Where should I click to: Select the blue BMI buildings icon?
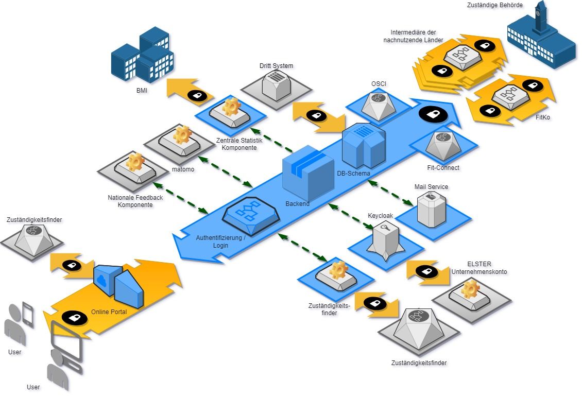[x=143, y=56]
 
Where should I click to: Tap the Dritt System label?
[x=276, y=66]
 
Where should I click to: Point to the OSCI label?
[x=379, y=84]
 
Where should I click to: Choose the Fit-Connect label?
[x=443, y=168]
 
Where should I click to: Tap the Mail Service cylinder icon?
[x=432, y=208]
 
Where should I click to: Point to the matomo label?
[x=183, y=169]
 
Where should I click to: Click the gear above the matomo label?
[x=182, y=135]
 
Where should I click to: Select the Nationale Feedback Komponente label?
[x=135, y=201]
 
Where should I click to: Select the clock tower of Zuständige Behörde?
[x=540, y=18]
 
